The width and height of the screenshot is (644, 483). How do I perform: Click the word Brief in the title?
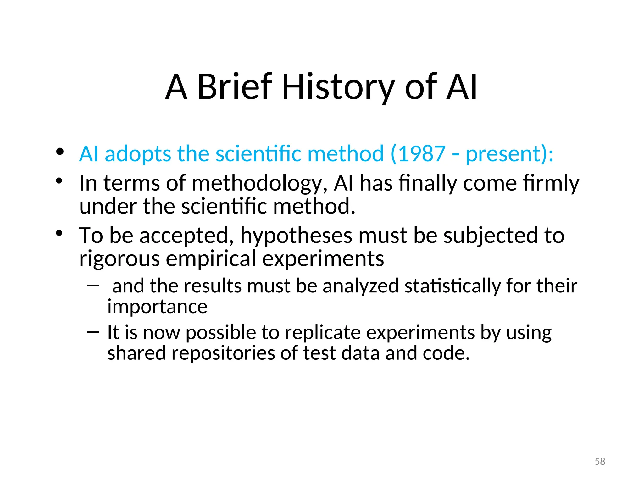coord(234,86)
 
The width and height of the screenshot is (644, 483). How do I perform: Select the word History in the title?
coord(338,86)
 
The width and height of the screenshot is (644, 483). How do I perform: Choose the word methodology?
coord(260,183)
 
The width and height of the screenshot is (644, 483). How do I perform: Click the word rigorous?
coord(119,258)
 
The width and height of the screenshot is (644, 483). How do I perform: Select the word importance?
coord(157,306)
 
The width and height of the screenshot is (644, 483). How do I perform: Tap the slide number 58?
coord(600,461)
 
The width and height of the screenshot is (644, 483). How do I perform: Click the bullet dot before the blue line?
coord(60,152)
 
